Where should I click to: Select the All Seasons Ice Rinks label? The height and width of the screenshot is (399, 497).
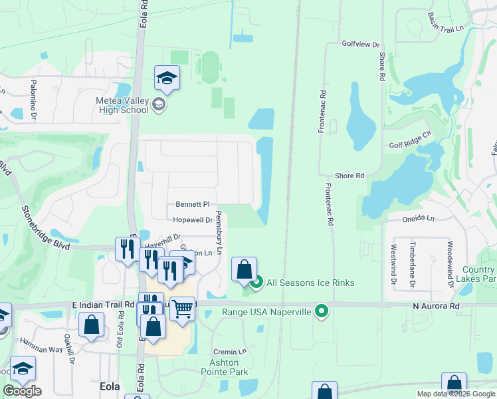pos(310,283)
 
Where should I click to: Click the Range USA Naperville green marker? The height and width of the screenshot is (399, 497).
pos(322,311)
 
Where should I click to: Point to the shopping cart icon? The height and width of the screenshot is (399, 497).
pos(182,309)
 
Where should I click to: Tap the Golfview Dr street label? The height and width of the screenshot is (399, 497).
pos(360,44)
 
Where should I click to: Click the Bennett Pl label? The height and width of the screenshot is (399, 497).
pos(193,204)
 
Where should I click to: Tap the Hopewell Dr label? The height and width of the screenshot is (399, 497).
pos(193,219)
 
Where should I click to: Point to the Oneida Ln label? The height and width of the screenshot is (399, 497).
pos(417,218)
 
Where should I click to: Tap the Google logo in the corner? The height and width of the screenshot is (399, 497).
pos(22,391)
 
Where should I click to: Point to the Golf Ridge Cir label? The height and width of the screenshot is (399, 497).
pos(411,144)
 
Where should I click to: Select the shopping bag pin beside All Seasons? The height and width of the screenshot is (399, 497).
pos(244,269)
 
